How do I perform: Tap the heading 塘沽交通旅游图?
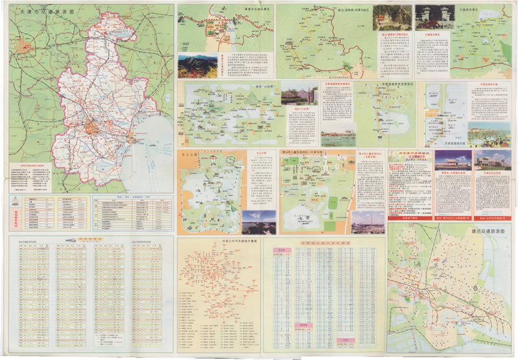[488, 231]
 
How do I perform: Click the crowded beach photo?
[339, 139]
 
